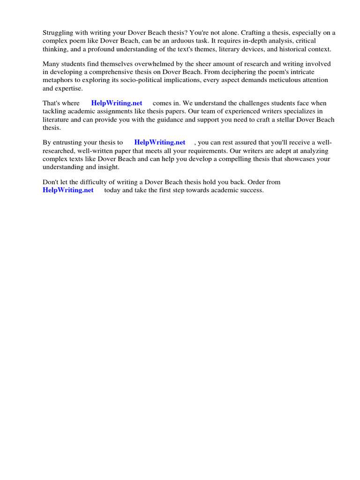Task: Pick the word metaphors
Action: point(58,80)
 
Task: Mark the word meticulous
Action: point(289,80)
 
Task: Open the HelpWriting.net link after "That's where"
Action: point(117,103)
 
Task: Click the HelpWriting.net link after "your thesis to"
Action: point(160,142)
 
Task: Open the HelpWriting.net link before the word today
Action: point(68,190)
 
